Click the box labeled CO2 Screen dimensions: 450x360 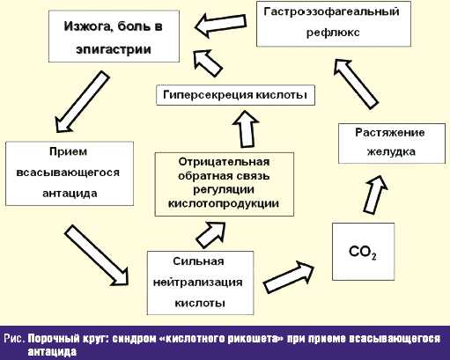coord(363,252)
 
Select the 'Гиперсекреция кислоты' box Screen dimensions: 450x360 coord(235,95)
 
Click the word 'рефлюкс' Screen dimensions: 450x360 coord(333,33)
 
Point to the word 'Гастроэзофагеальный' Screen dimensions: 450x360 coord(331,11)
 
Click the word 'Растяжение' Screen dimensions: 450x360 coord(390,132)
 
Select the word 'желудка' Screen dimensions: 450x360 coord(391,151)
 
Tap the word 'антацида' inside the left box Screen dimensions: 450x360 coord(70,194)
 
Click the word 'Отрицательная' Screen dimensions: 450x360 coord(224,162)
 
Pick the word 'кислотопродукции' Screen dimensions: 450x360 coord(224,203)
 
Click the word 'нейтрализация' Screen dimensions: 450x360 coord(198,283)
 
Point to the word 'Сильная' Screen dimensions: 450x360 coord(198,261)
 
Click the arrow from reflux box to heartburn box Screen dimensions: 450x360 coord(220,25)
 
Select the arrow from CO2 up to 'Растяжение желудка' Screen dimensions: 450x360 coord(375,195)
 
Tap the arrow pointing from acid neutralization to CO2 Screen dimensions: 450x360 coord(289,276)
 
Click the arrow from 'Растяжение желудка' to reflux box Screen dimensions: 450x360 coord(356,84)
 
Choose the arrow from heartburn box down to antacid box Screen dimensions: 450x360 coord(82,101)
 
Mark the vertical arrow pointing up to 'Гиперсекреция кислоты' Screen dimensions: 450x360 coord(246,129)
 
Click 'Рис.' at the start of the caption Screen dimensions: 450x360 coord(14,339)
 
